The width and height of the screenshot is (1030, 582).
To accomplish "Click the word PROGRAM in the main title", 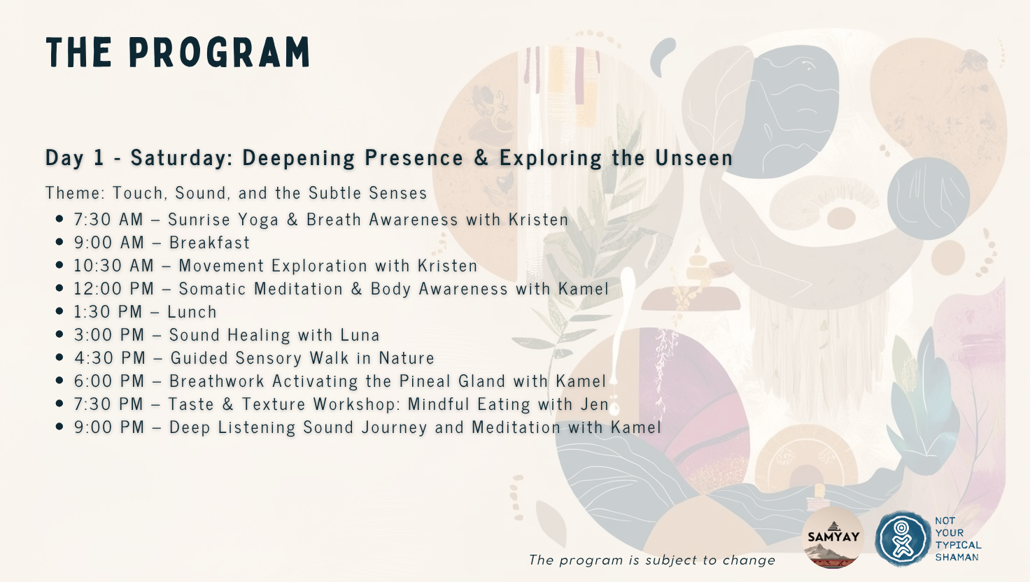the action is [x=219, y=52].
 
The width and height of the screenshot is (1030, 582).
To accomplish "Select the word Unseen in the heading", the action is [x=694, y=157].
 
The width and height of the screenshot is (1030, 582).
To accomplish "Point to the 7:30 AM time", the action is [x=109, y=219].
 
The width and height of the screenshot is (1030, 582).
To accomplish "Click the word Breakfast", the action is [x=210, y=242].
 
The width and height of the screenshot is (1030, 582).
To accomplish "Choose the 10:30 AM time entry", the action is [x=114, y=265].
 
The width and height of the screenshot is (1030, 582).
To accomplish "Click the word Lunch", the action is [x=192, y=312].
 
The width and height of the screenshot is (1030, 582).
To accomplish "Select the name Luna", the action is [x=360, y=334].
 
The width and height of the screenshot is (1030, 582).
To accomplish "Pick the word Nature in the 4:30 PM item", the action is [x=407, y=357].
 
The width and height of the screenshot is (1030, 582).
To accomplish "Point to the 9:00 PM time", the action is [x=109, y=427].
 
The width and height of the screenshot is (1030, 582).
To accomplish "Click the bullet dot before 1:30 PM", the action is [x=59, y=311].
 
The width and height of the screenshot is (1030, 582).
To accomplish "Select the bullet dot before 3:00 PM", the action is [x=59, y=334].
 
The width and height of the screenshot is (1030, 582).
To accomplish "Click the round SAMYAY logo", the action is [x=833, y=537].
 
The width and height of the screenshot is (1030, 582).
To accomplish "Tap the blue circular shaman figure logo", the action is [x=903, y=539].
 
